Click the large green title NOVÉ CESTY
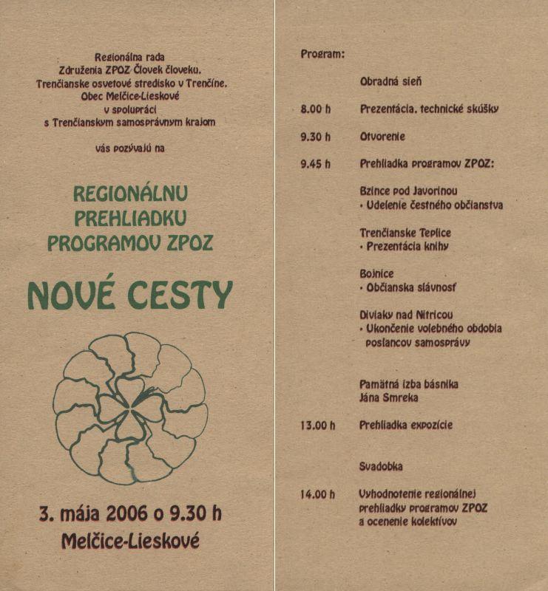130,295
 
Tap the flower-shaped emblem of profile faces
130,408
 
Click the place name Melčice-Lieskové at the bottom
130,541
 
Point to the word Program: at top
322,55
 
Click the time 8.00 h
317,109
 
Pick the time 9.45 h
317,163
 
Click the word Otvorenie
383,137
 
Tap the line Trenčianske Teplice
405,232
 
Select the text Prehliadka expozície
406,426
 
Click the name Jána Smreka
389,397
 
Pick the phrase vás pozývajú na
130,148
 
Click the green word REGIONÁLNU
130,194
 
